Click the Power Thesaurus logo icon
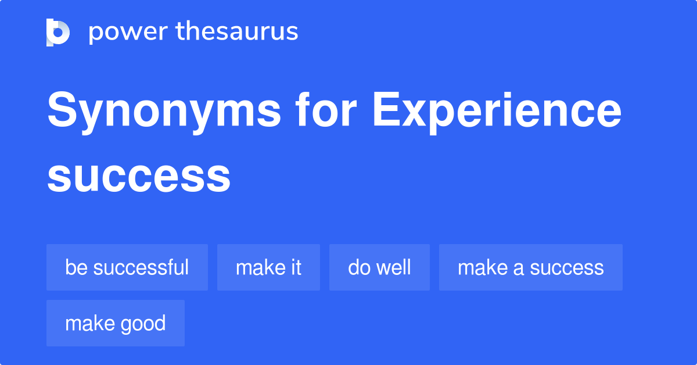(x=58, y=32)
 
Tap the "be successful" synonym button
(x=127, y=267)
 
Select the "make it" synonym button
(x=268, y=267)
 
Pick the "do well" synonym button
(x=379, y=267)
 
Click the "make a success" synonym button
(x=530, y=267)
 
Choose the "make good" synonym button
(x=116, y=323)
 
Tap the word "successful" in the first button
(x=141, y=267)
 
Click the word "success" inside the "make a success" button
(x=567, y=267)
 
